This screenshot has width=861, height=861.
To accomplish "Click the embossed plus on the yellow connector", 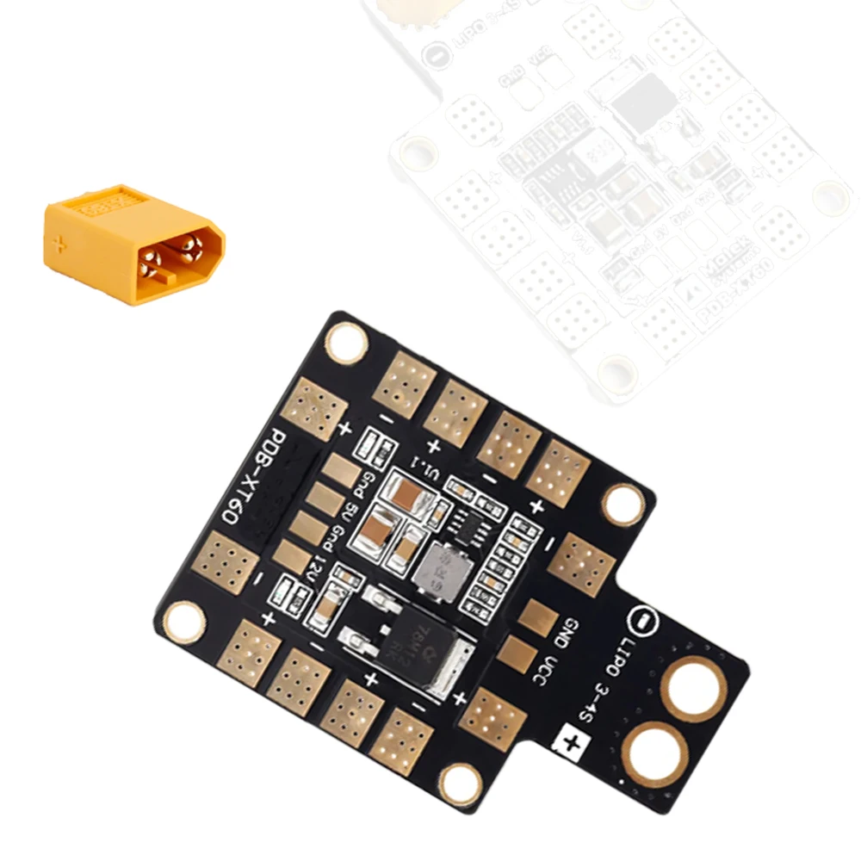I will coord(59,244).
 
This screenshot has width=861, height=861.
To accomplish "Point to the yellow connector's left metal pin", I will coord(156,256).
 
